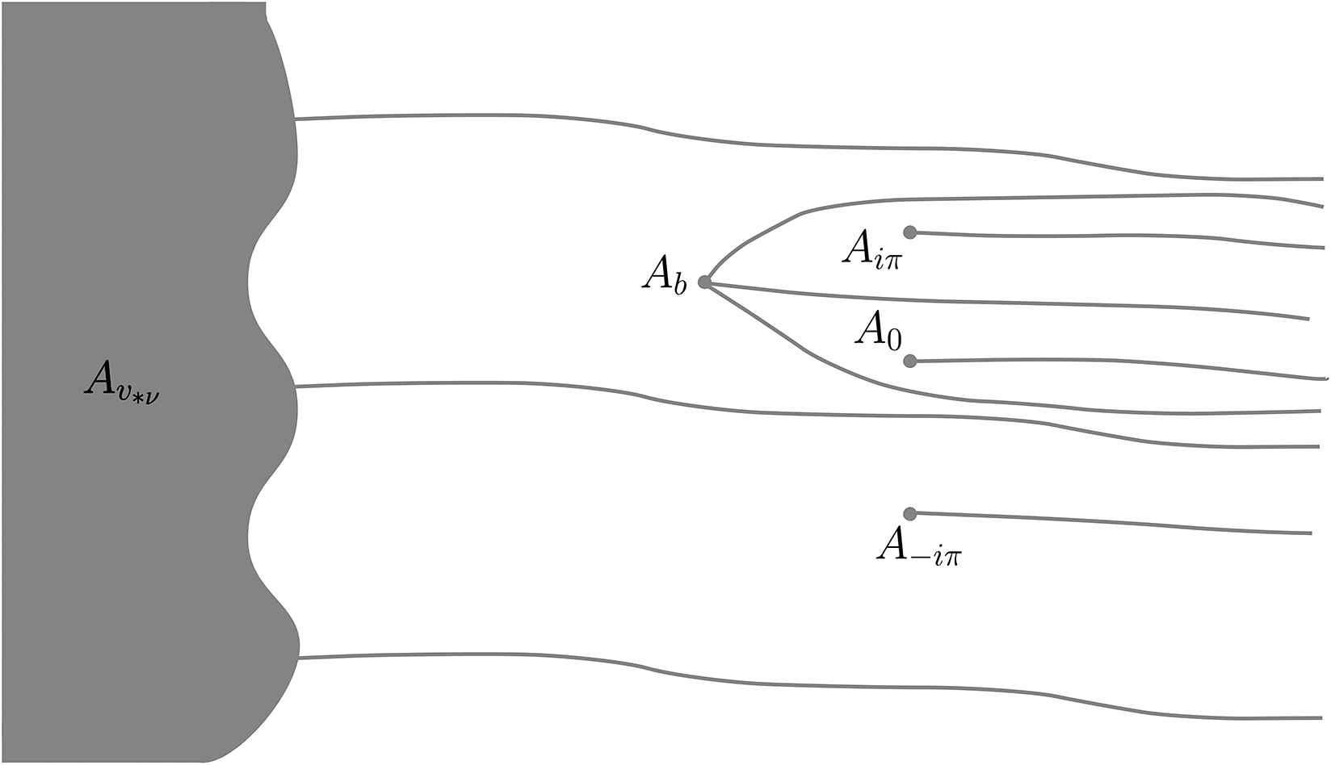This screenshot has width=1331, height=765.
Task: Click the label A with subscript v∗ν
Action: (121, 378)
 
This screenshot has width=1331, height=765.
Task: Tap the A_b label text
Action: (664, 275)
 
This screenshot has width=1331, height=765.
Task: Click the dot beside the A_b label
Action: (703, 282)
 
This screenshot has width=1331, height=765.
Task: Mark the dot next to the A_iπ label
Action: (910, 232)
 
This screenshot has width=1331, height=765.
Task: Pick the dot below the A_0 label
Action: (910, 361)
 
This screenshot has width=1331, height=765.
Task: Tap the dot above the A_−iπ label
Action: (910, 513)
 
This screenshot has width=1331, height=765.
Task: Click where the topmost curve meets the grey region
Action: (296, 119)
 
